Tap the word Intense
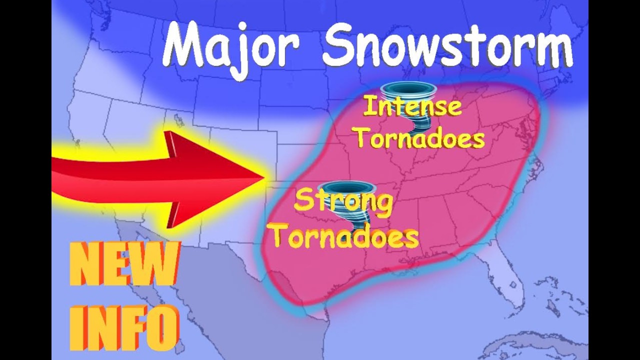click(412, 106)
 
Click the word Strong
click(343, 201)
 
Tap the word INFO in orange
click(124, 326)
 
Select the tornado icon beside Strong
click(346, 192)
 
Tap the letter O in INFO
click(163, 326)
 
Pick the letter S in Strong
click(301, 201)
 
